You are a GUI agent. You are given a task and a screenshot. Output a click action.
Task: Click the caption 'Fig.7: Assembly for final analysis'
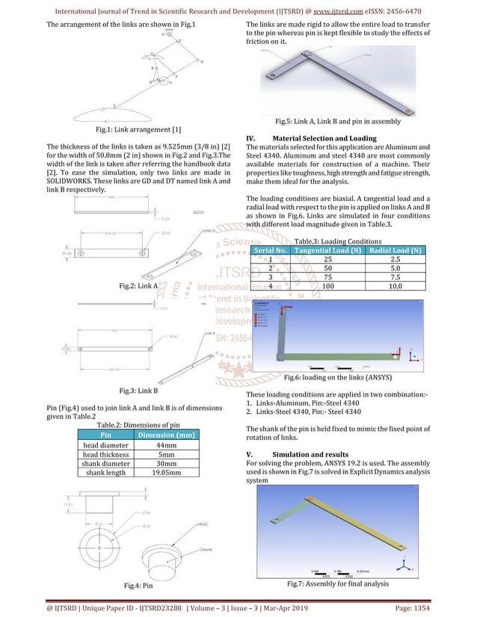click(x=337, y=583)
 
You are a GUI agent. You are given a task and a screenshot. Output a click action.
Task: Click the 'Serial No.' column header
click(x=271, y=249)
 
